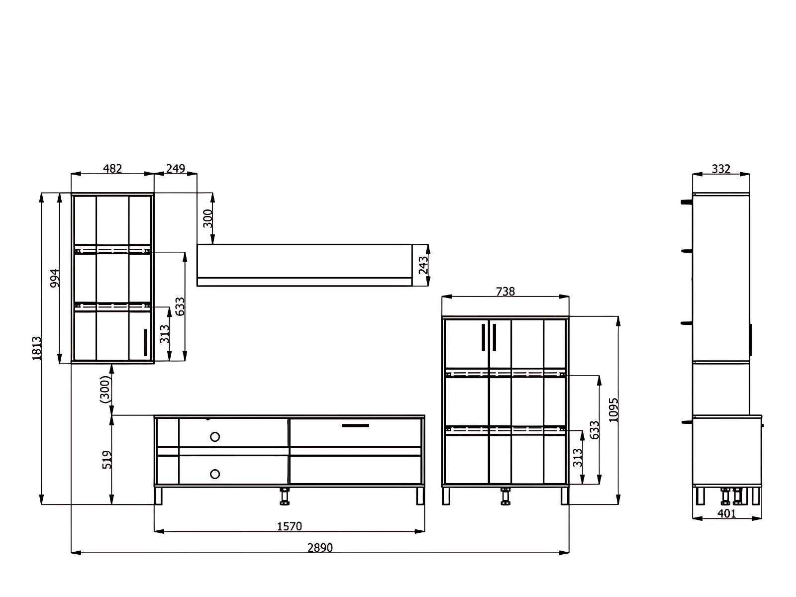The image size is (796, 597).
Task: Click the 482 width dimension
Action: [x=112, y=169]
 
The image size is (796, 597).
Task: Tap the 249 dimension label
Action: [x=175, y=169]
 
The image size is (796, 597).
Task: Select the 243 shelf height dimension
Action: [x=423, y=265]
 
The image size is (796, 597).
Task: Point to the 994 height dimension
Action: [x=55, y=278]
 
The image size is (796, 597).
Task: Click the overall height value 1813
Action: [x=37, y=348]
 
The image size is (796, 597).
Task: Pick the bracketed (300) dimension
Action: [x=104, y=389]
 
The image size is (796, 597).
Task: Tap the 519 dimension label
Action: [x=107, y=460]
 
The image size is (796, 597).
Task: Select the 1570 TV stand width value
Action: [x=289, y=526]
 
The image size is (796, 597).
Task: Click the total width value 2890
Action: [x=320, y=548]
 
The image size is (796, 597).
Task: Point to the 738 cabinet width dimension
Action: [x=505, y=292]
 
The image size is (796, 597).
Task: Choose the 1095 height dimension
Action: [x=613, y=410]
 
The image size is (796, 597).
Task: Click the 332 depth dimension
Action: [x=721, y=169]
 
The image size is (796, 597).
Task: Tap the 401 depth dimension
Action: [x=727, y=513]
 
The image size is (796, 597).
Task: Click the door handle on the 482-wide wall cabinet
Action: [x=146, y=342]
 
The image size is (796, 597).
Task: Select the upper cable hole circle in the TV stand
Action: [x=215, y=437]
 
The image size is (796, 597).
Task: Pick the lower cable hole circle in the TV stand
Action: [x=215, y=474]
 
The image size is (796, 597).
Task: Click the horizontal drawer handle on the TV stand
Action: [x=355, y=425]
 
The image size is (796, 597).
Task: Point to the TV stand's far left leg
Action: [x=159, y=496]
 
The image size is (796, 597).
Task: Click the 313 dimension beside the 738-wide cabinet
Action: [x=577, y=458]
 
